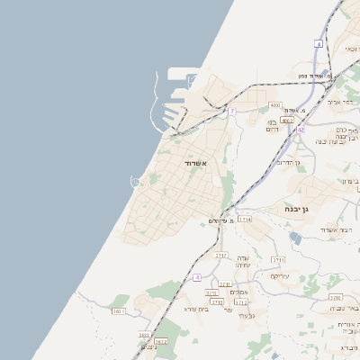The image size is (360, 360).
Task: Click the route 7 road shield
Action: coord(231,111)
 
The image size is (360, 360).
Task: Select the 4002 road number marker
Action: coord(287,120)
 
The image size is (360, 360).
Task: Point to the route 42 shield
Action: coord(301,130)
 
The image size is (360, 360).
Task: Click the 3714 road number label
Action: coord(245,219)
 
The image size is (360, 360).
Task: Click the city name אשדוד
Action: coord(195,163)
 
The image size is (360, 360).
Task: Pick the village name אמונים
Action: coord(238,291)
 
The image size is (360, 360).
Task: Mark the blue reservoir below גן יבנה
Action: coord(296,238)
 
